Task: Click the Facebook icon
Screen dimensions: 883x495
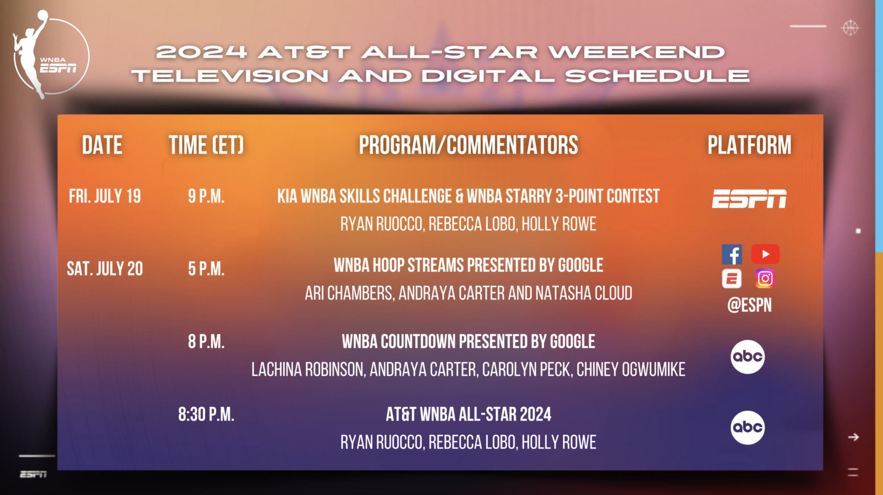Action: coord(732,254)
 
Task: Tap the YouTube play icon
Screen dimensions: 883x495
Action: coord(765,254)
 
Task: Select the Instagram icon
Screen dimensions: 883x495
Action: coord(765,279)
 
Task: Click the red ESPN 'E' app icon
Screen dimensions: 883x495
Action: coord(732,279)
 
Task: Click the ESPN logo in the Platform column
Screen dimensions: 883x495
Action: coord(749,199)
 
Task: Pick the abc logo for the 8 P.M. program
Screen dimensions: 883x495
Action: coord(748,357)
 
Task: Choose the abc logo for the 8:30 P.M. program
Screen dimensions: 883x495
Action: coord(748,428)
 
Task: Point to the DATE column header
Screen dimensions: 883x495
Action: coord(102,145)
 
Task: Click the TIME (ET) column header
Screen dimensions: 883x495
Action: coord(206,145)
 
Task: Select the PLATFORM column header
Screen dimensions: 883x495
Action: coord(749,145)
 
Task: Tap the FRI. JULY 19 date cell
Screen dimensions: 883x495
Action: coord(105,196)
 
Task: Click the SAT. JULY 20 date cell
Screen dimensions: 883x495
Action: coord(105,269)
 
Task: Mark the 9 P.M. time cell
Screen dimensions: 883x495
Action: coord(206,196)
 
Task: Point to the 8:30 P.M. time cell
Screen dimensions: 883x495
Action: coord(206,414)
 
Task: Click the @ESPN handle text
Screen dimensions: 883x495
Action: coord(749,305)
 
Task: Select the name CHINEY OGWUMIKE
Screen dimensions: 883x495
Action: coord(631,370)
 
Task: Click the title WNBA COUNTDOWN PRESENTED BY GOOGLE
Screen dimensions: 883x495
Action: coord(468,341)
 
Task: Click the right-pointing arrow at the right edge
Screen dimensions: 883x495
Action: coord(853,437)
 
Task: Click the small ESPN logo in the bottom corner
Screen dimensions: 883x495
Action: coord(33,474)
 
